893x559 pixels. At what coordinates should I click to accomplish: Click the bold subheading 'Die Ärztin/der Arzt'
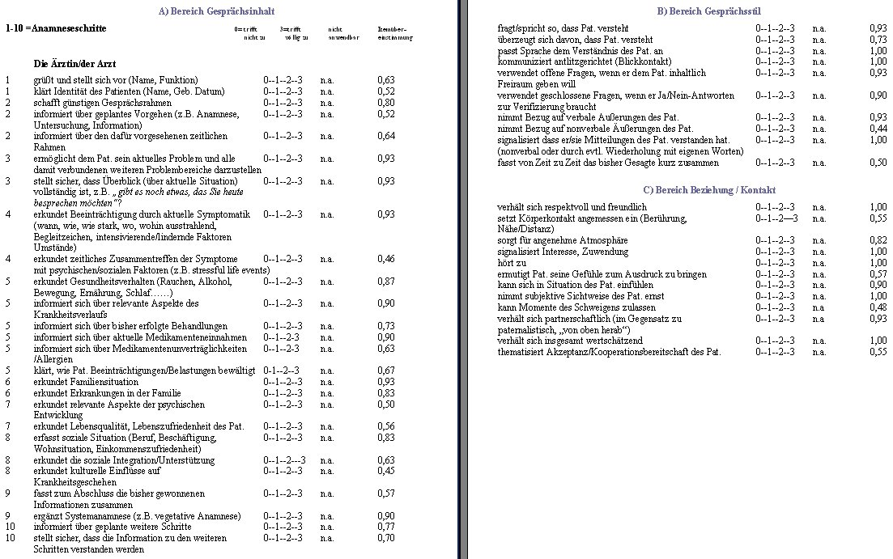tap(74, 63)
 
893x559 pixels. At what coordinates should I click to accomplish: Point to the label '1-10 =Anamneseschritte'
tap(55, 28)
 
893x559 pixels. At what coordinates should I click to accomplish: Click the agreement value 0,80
tap(386, 103)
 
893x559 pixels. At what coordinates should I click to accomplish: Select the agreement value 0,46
tap(386, 259)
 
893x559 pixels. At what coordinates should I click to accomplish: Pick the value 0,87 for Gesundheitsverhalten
tap(386, 282)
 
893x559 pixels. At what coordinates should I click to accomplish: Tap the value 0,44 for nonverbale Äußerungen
tap(878, 129)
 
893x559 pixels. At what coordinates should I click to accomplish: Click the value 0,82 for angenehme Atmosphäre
tap(878, 240)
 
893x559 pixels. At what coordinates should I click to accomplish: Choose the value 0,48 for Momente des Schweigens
tap(878, 307)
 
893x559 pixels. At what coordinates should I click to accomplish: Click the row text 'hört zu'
tap(512, 263)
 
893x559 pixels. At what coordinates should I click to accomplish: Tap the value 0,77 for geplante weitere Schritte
tap(386, 527)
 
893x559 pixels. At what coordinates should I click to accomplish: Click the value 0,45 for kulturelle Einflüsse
tap(386, 471)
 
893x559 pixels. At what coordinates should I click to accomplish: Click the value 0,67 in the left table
tap(386, 371)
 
